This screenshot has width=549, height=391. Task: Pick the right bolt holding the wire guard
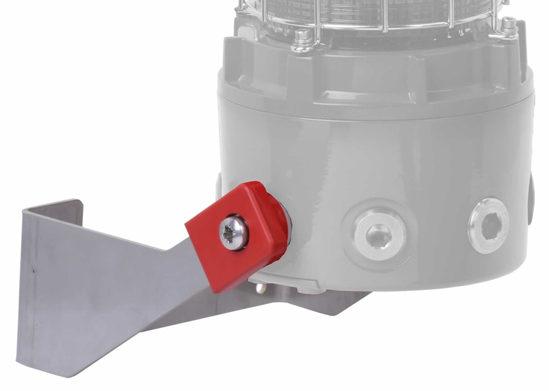508,24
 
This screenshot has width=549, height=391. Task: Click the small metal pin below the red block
261,290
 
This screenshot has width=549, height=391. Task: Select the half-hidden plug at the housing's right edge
530,198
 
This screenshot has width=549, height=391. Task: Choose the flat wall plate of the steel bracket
70,300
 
